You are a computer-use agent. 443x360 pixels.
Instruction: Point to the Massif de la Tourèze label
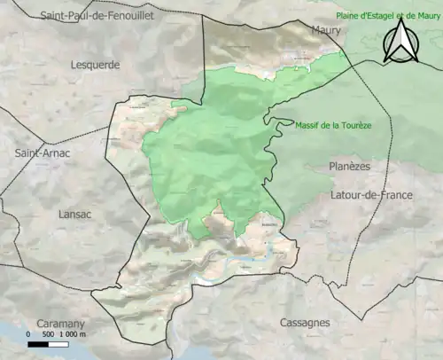333,125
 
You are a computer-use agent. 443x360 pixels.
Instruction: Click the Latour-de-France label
372,194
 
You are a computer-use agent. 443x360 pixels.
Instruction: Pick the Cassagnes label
305,323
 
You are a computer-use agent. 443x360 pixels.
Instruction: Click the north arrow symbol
400,42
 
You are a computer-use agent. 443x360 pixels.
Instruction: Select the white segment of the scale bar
56,343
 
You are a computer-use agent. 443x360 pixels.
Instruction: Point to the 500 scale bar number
49,334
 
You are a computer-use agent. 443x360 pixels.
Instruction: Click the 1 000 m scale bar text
72,334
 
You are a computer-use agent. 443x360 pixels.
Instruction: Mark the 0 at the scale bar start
29,334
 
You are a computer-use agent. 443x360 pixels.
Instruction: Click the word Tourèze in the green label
354,125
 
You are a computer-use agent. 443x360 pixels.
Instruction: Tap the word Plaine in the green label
347,15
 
